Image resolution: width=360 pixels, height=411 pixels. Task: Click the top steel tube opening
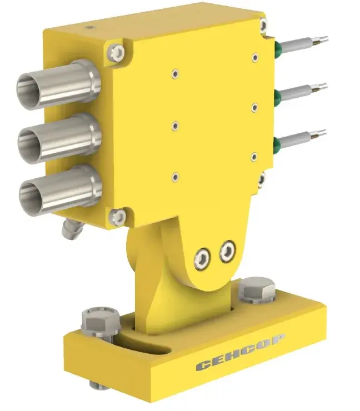coord(28,90)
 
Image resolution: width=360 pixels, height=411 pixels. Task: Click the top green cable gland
coord(278,47)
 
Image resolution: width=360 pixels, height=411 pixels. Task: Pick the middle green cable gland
coord(278,96)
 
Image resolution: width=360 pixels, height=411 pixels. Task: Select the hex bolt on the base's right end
coord(257,290)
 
